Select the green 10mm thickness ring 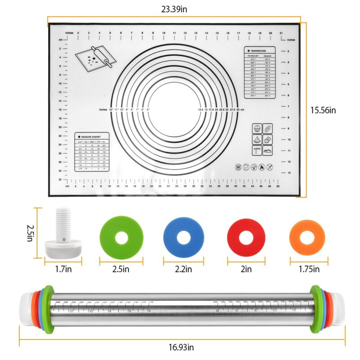[x=121, y=236]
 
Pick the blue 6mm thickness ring [x=184, y=236]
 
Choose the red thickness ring [x=246, y=236]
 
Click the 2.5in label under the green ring [x=121, y=269]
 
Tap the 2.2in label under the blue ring [x=183, y=269]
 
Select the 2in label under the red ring [x=246, y=269]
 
